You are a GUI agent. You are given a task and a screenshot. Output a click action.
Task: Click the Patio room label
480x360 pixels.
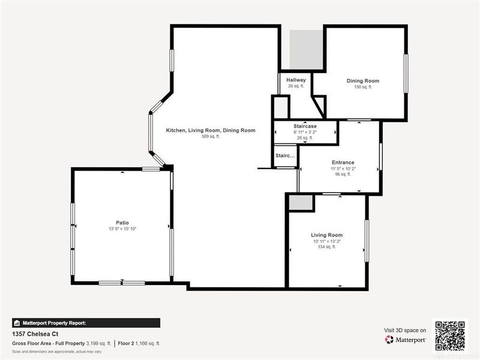click(122, 222)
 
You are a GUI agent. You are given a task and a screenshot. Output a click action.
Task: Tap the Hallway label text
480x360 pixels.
click(296, 80)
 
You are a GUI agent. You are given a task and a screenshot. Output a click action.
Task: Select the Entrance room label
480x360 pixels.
click(343, 163)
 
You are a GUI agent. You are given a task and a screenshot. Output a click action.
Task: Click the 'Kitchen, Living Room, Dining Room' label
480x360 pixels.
click(211, 130)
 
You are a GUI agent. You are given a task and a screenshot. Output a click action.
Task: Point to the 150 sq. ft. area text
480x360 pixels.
click(362, 87)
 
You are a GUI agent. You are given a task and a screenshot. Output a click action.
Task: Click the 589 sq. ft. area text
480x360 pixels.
click(211, 137)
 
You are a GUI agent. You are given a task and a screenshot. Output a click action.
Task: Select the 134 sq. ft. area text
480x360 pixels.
click(326, 247)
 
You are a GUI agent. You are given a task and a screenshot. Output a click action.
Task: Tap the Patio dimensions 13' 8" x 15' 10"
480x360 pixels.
click(122, 229)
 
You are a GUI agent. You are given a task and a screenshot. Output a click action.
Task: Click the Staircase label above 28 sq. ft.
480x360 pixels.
click(305, 126)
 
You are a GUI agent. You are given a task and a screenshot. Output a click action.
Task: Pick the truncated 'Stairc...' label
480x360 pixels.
click(286, 156)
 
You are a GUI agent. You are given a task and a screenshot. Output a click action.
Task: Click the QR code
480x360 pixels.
click(449, 335)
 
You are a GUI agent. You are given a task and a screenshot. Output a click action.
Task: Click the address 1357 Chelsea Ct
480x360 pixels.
click(35, 334)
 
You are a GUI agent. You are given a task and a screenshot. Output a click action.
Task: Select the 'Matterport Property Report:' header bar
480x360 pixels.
click(86, 323)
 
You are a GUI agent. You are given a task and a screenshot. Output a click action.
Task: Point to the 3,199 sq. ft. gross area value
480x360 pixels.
click(100, 344)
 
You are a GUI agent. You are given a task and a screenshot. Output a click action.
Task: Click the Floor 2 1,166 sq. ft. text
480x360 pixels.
click(139, 344)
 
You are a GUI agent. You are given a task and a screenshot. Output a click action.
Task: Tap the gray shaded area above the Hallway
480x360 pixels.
click(302, 49)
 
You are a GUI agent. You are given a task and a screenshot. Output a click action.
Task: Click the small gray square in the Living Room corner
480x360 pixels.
click(301, 203)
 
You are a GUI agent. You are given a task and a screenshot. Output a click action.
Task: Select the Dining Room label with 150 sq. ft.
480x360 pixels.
click(362, 81)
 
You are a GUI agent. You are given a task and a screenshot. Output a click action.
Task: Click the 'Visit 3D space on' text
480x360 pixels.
click(405, 330)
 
